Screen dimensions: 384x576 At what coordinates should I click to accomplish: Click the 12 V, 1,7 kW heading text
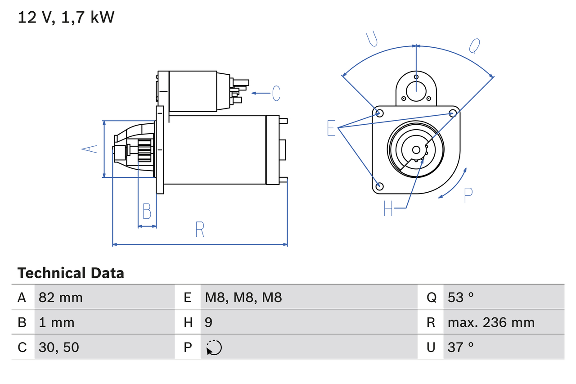click(x=66, y=18)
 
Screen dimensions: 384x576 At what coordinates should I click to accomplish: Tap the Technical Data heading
click(x=71, y=273)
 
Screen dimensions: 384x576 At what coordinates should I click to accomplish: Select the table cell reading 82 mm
click(x=61, y=297)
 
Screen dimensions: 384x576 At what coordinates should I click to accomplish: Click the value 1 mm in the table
click(x=57, y=322)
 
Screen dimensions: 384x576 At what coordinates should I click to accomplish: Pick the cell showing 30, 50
click(x=59, y=347)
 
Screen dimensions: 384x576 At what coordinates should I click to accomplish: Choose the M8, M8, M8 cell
click(x=243, y=297)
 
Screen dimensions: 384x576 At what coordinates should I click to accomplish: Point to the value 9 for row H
click(x=209, y=322)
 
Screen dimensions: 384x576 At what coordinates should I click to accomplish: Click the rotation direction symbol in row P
click(x=214, y=348)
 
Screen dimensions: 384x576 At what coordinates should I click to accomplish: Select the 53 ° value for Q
click(x=461, y=297)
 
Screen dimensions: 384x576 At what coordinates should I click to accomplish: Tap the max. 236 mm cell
click(x=491, y=322)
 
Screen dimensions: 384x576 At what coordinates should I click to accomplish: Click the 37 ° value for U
click(x=461, y=347)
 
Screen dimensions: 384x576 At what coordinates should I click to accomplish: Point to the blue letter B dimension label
click(x=147, y=211)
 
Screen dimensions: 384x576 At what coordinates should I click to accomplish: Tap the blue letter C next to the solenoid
click(x=276, y=93)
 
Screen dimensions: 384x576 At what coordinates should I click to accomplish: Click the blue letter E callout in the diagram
click(x=331, y=128)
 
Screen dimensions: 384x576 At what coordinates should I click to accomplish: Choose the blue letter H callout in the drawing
click(x=388, y=208)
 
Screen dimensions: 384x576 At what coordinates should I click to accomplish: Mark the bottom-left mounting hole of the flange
click(x=380, y=186)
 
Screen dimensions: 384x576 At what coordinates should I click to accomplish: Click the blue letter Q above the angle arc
click(x=474, y=45)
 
